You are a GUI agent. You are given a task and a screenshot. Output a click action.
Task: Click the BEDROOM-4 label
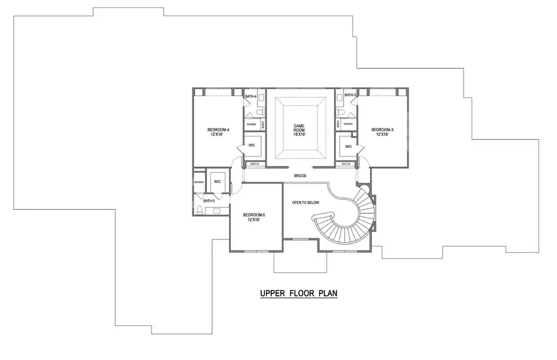[x=218, y=129]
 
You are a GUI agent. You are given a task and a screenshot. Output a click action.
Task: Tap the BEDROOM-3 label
[x=382, y=129]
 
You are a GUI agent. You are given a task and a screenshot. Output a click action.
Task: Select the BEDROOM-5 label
[x=254, y=215]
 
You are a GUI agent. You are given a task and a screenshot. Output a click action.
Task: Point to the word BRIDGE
[x=300, y=176]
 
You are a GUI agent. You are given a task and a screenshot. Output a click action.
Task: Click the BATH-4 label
[x=250, y=96]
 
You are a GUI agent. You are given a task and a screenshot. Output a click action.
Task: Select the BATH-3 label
[x=350, y=95]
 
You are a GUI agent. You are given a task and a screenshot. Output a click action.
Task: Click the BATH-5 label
[x=209, y=201]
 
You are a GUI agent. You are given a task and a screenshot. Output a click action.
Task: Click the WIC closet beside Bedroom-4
[x=253, y=145]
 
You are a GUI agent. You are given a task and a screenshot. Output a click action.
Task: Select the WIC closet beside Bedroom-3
[x=348, y=147]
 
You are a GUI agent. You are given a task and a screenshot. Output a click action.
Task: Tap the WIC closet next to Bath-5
[x=217, y=181]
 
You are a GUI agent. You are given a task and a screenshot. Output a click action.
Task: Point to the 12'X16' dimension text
[x=254, y=220]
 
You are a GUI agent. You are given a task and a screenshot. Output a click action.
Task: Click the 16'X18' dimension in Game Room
[x=300, y=134]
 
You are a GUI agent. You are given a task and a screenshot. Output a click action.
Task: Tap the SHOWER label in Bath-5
[x=199, y=182]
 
